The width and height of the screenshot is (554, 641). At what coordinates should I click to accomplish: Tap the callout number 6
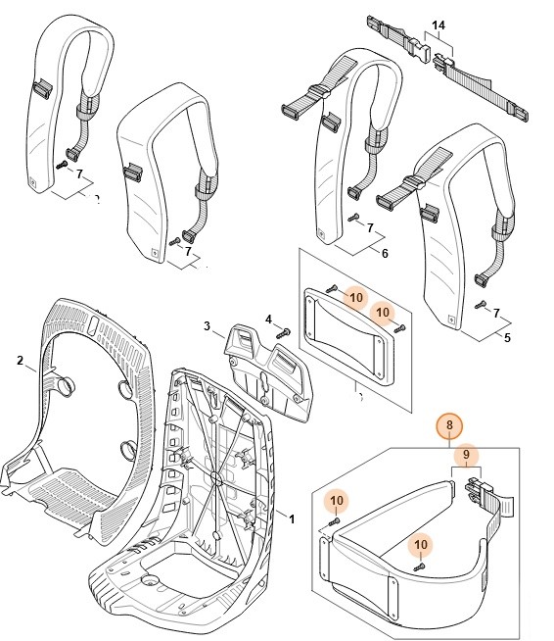click(385, 253)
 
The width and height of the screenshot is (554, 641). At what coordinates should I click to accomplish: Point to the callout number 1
click(291, 516)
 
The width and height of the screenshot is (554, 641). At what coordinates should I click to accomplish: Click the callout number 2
click(20, 361)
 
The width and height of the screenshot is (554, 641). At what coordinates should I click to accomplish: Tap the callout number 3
click(208, 325)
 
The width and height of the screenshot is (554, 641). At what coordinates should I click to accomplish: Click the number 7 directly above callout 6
click(371, 227)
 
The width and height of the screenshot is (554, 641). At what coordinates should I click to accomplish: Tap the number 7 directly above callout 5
click(496, 313)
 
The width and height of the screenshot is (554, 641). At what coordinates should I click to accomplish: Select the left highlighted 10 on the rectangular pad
click(355, 296)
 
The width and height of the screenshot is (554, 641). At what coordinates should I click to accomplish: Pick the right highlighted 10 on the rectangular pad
click(384, 312)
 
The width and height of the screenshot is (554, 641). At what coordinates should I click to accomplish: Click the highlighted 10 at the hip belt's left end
click(337, 501)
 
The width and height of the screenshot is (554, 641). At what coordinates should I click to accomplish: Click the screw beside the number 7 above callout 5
click(479, 306)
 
